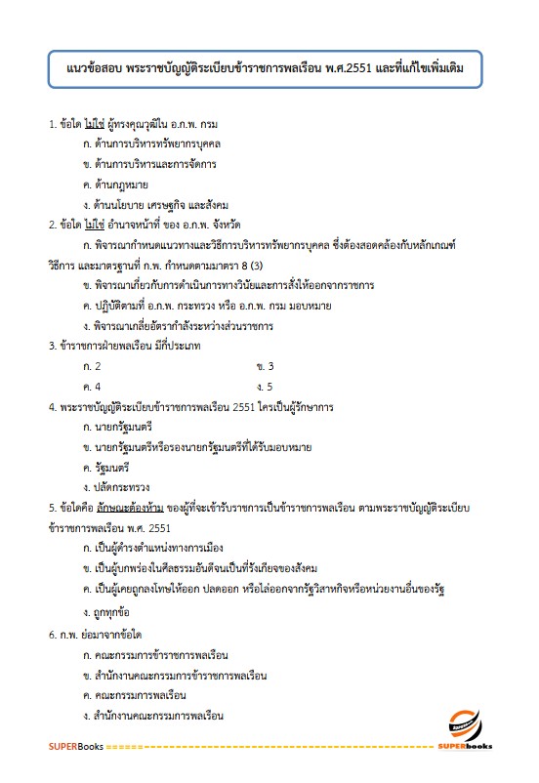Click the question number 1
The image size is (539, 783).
pos(51,124)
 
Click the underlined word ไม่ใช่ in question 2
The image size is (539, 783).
pos(94,224)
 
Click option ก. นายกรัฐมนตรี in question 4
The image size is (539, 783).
pos(124,428)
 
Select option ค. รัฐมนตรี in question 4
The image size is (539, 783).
pos(114,468)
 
